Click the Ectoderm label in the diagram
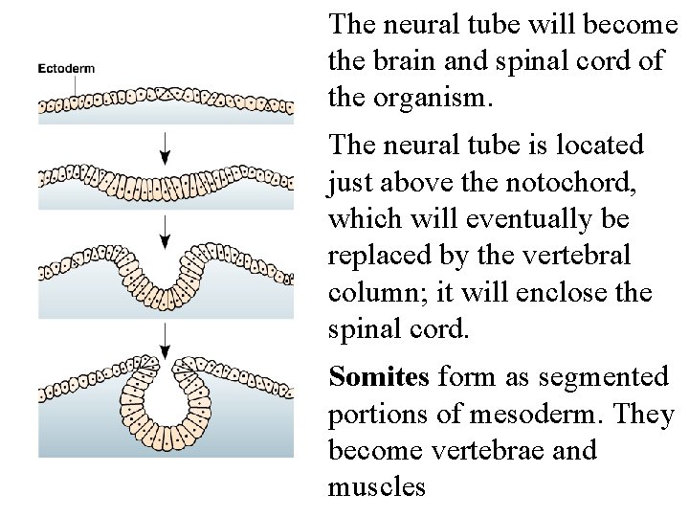click(x=65, y=69)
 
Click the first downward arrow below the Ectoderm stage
click(x=167, y=145)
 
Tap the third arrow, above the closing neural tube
click(x=167, y=338)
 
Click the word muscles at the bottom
click(x=377, y=486)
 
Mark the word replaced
click(x=376, y=255)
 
